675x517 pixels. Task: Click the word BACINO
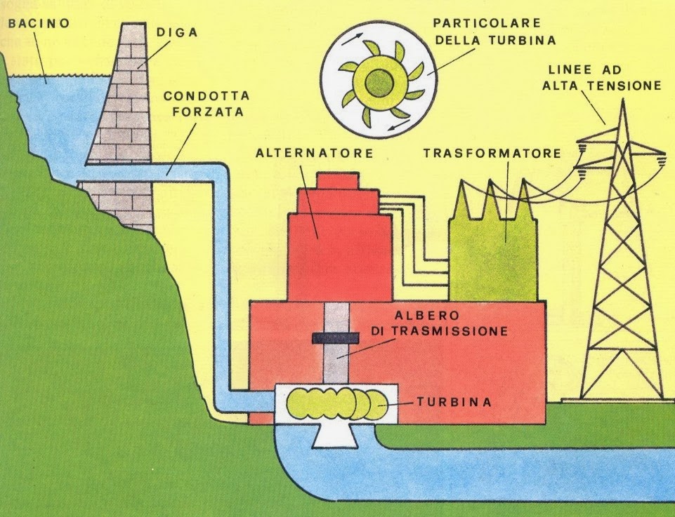39,23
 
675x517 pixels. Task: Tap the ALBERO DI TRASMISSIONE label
440,324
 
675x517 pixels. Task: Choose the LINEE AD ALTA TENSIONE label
604,78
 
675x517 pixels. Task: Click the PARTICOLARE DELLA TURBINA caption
495,32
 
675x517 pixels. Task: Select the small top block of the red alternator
340,180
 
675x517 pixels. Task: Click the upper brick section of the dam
126,98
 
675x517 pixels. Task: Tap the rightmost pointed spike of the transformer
525,187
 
